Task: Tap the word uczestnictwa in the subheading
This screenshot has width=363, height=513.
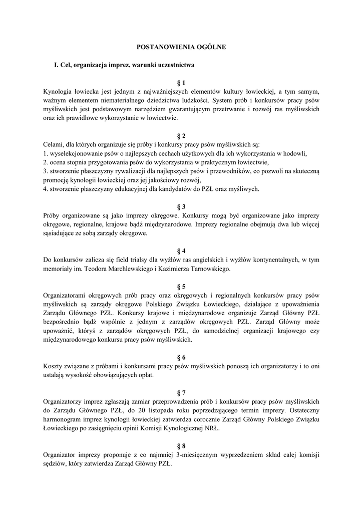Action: (173, 65)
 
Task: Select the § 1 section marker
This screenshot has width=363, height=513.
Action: (181, 83)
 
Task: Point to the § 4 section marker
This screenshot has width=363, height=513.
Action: (181, 250)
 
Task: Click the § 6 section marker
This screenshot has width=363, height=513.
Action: (181, 357)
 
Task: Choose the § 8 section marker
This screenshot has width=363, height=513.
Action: (181, 446)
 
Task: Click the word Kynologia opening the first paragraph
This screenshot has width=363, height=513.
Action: (59, 92)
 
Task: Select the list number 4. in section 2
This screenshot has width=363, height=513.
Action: (46, 189)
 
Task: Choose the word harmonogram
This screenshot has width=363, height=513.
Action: (64, 420)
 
